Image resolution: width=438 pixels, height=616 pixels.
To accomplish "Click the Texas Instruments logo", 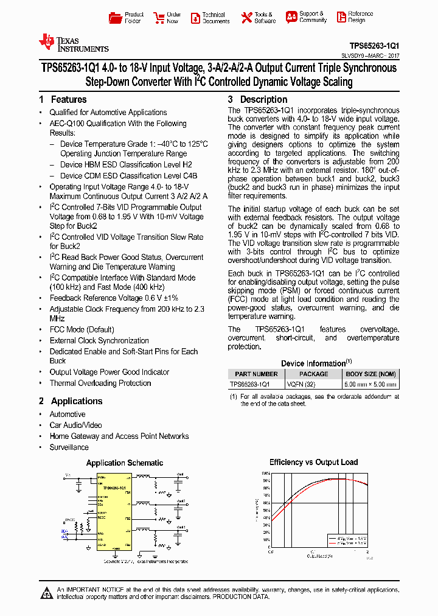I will coord(74,43).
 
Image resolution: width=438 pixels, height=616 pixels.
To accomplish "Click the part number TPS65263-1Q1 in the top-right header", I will coord(374,45).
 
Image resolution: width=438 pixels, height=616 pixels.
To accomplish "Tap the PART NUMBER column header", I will coord(256,374).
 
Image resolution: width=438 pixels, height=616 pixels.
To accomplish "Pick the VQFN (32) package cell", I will coord(313,385).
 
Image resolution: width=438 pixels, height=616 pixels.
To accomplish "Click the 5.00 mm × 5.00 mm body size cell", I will coord(371,385).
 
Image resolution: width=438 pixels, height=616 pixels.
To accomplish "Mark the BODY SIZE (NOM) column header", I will coord(371,374).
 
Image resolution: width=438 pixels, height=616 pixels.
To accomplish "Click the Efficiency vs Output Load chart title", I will coord(313,462).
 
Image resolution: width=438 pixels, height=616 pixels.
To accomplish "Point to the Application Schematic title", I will coord(125,463).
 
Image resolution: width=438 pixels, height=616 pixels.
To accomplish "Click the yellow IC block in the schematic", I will coord(113,511).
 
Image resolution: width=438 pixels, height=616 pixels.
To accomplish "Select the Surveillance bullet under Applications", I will coord(69,447).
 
